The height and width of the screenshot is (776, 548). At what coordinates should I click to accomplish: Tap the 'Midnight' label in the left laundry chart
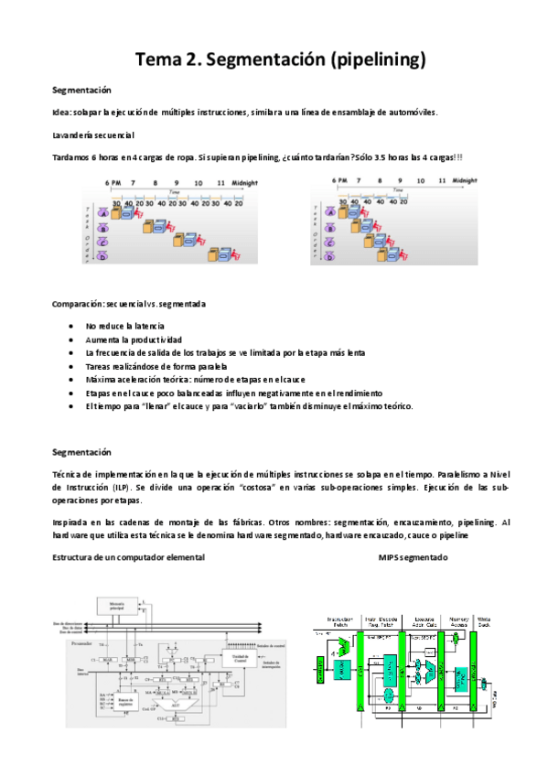click(x=244, y=182)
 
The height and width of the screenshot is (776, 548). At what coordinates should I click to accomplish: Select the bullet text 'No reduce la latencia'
click(x=124, y=326)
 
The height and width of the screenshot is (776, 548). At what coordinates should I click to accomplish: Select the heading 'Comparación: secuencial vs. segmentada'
click(x=129, y=303)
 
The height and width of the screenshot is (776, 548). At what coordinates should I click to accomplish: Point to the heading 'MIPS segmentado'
click(x=414, y=557)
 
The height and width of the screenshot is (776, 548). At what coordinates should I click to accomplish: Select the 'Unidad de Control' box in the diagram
click(x=240, y=659)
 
